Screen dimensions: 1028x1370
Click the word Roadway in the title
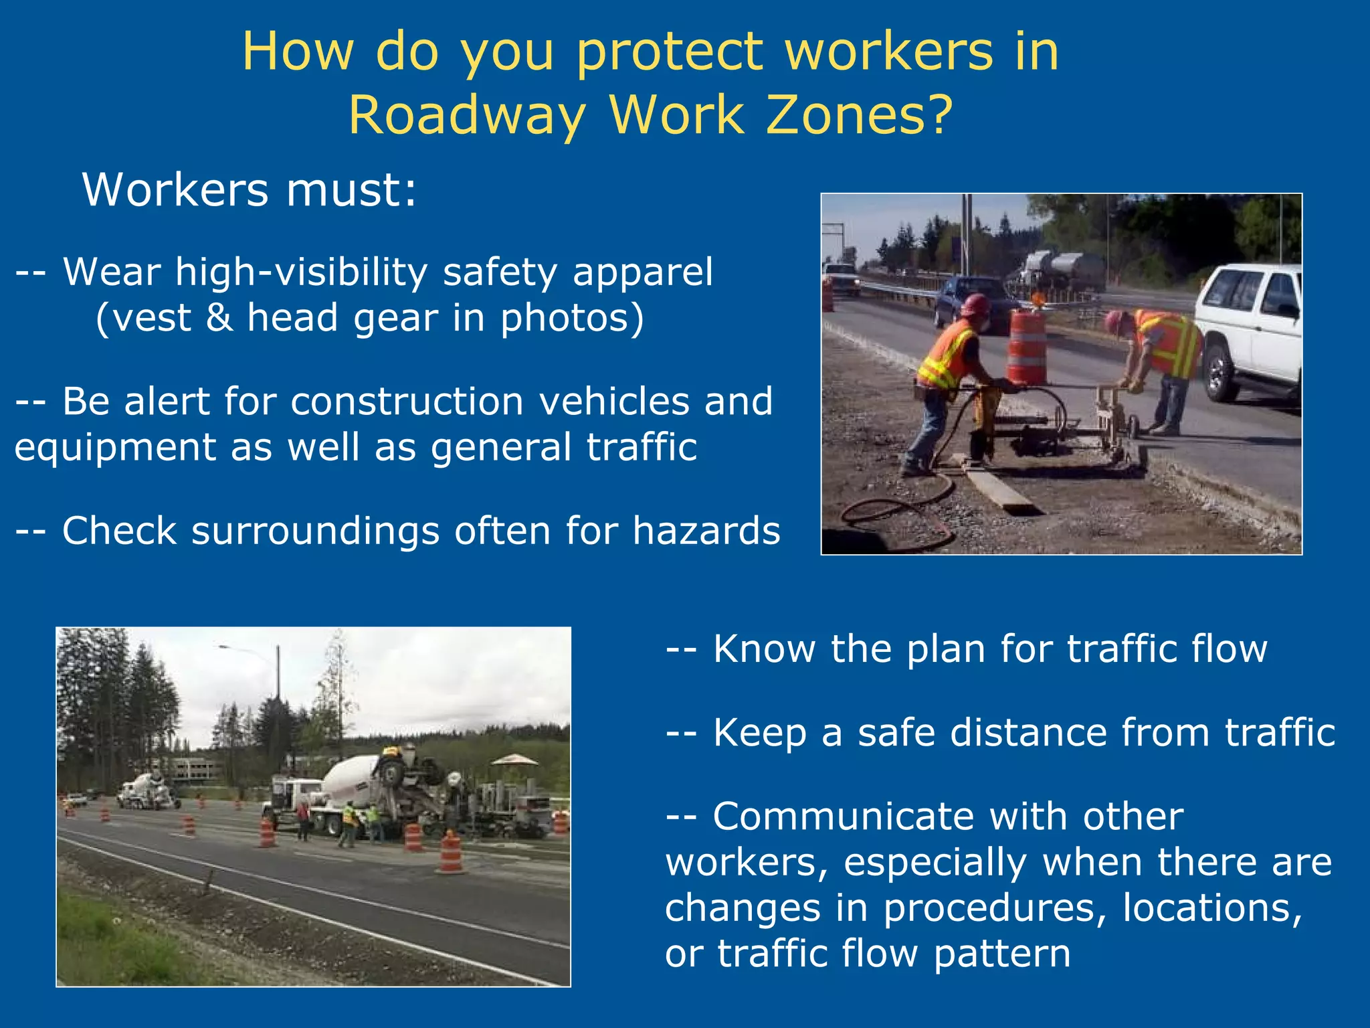(467, 115)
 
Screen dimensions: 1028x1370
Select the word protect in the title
(669, 52)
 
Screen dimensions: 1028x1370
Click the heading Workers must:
(249, 190)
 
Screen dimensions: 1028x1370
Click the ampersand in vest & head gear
(219, 317)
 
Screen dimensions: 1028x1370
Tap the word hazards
(706, 531)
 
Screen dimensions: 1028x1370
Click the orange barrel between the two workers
(1026, 348)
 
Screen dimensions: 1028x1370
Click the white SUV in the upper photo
(1251, 328)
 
